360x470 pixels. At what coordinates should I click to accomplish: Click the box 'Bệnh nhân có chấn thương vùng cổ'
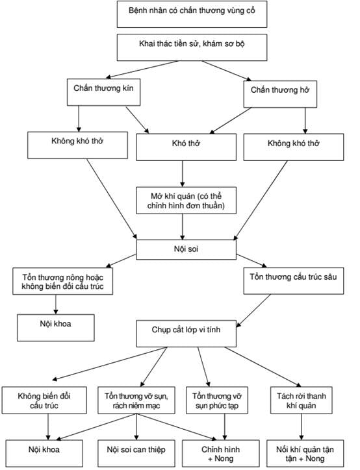192,14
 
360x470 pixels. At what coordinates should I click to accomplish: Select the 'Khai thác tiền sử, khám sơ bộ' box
192,47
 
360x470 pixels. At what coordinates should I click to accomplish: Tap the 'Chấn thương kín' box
103,92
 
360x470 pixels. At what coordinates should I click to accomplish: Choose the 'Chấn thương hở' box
280,94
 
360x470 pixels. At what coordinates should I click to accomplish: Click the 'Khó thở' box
186,147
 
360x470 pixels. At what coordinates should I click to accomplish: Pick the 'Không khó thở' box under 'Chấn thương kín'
77,145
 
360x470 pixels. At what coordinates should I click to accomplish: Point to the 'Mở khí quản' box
186,200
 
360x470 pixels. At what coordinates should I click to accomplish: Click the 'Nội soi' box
186,249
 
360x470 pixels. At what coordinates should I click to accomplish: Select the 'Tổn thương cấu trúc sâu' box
294,280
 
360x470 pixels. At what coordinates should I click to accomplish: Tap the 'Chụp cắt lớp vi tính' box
186,334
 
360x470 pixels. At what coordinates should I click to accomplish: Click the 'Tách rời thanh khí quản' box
302,400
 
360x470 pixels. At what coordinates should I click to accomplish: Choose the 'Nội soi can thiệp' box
136,453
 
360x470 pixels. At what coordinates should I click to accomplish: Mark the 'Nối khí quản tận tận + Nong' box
305,453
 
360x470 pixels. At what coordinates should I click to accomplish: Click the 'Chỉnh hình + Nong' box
220,453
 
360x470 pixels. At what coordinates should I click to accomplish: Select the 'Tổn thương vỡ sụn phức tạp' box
217,400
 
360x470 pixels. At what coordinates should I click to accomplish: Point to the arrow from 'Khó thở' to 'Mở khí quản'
183,174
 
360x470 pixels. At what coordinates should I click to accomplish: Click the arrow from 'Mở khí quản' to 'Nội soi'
183,227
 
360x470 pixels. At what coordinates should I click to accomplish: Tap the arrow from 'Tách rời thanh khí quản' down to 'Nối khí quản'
302,427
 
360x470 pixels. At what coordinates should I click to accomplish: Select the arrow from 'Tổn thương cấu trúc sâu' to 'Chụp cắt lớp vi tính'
253,310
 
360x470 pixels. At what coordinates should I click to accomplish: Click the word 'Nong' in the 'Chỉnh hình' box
224,458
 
